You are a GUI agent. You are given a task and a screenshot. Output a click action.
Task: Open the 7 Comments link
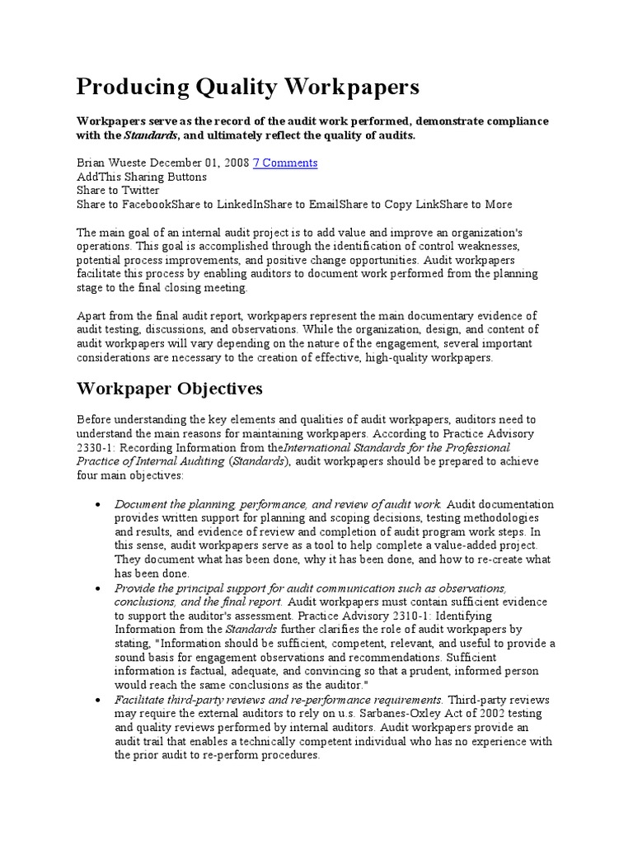click(x=284, y=163)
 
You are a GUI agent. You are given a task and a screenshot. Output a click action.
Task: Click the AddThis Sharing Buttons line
click(x=142, y=177)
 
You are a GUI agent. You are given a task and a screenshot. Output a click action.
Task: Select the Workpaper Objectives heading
click(x=170, y=389)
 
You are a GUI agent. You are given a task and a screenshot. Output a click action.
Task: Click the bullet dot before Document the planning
click(x=98, y=504)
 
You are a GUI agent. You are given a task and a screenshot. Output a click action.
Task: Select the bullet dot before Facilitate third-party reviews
click(x=98, y=700)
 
